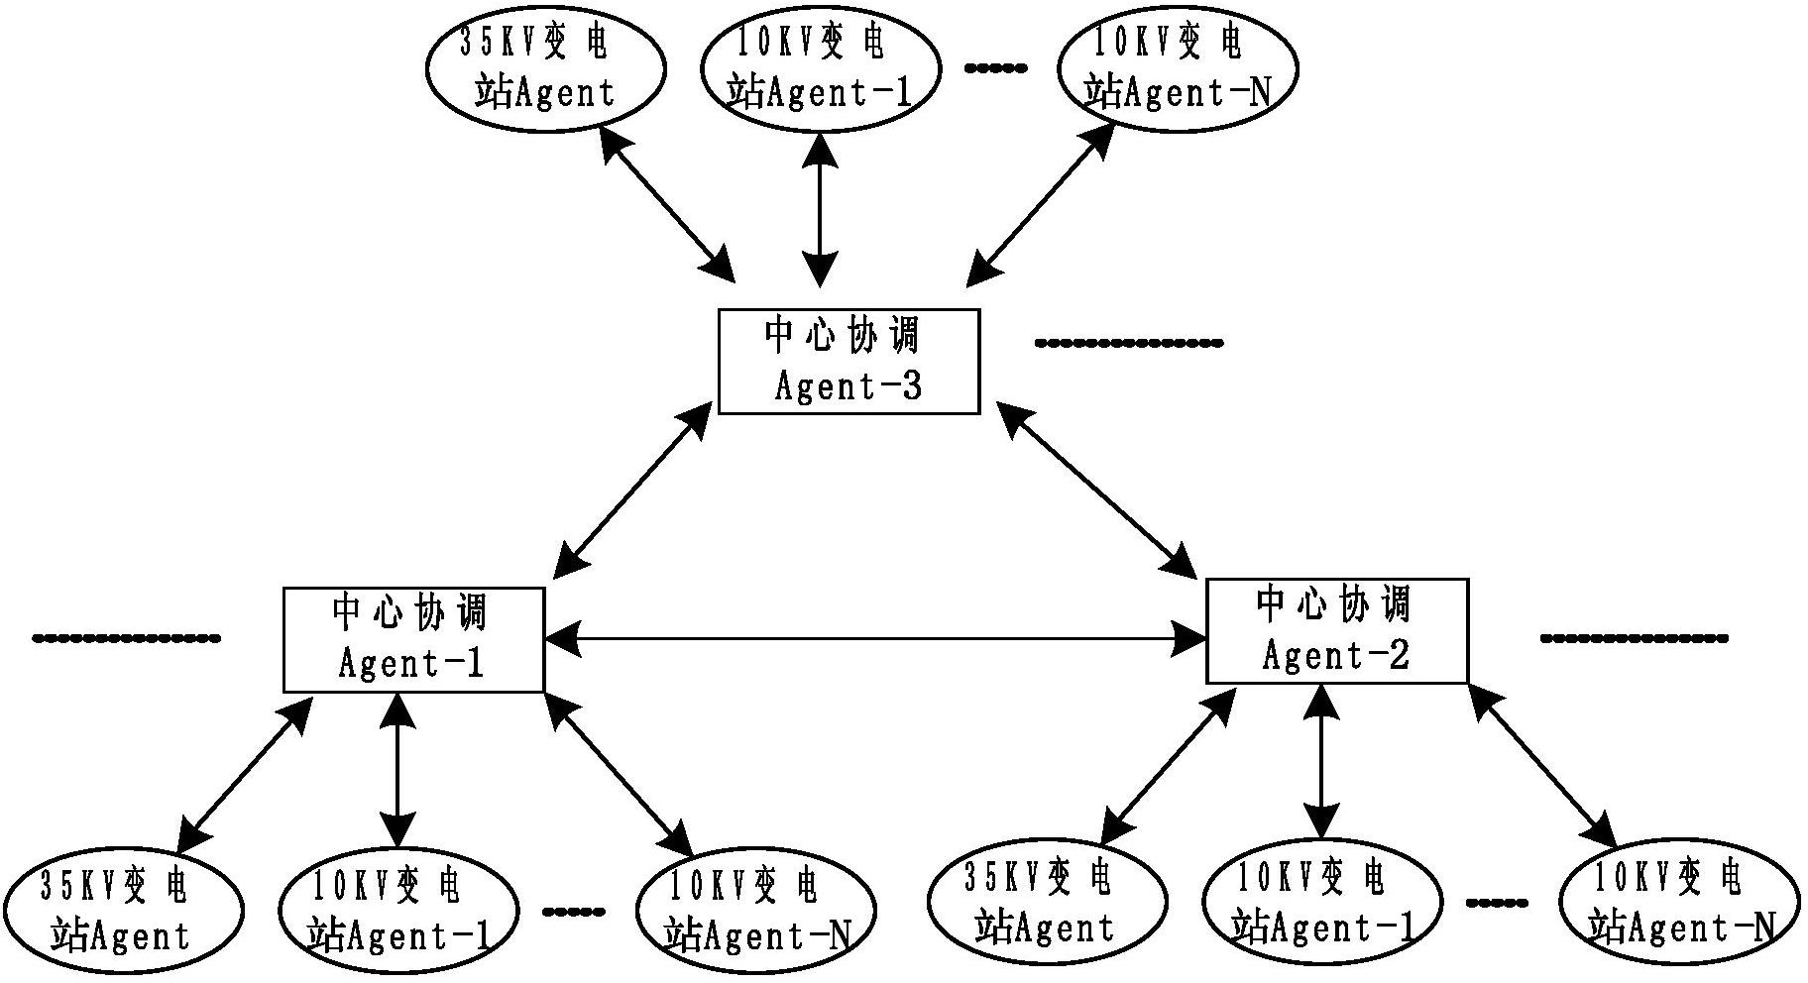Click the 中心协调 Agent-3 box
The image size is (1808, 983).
(x=848, y=362)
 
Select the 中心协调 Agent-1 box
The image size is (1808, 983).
(x=413, y=639)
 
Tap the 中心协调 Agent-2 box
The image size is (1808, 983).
(x=1336, y=631)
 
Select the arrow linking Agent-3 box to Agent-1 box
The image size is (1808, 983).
(x=632, y=491)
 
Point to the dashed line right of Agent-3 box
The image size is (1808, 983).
(x=1128, y=343)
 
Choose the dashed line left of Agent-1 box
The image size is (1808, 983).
(x=126, y=637)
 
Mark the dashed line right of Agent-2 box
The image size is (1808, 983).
(x=1633, y=638)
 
